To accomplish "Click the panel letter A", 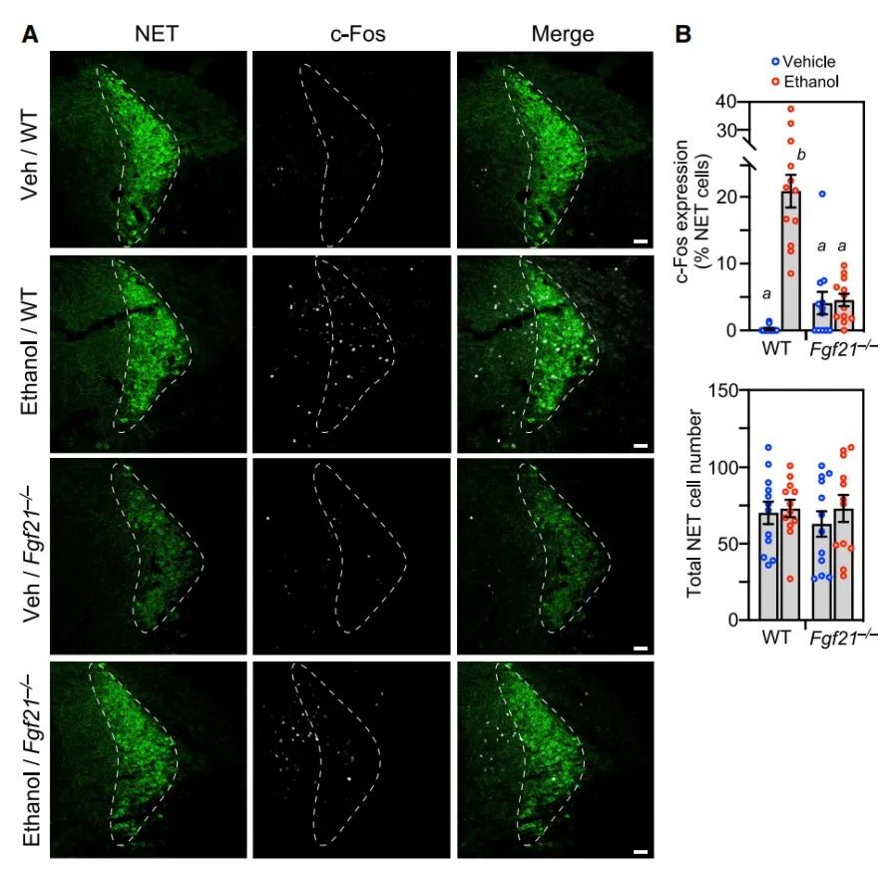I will (31, 33).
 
